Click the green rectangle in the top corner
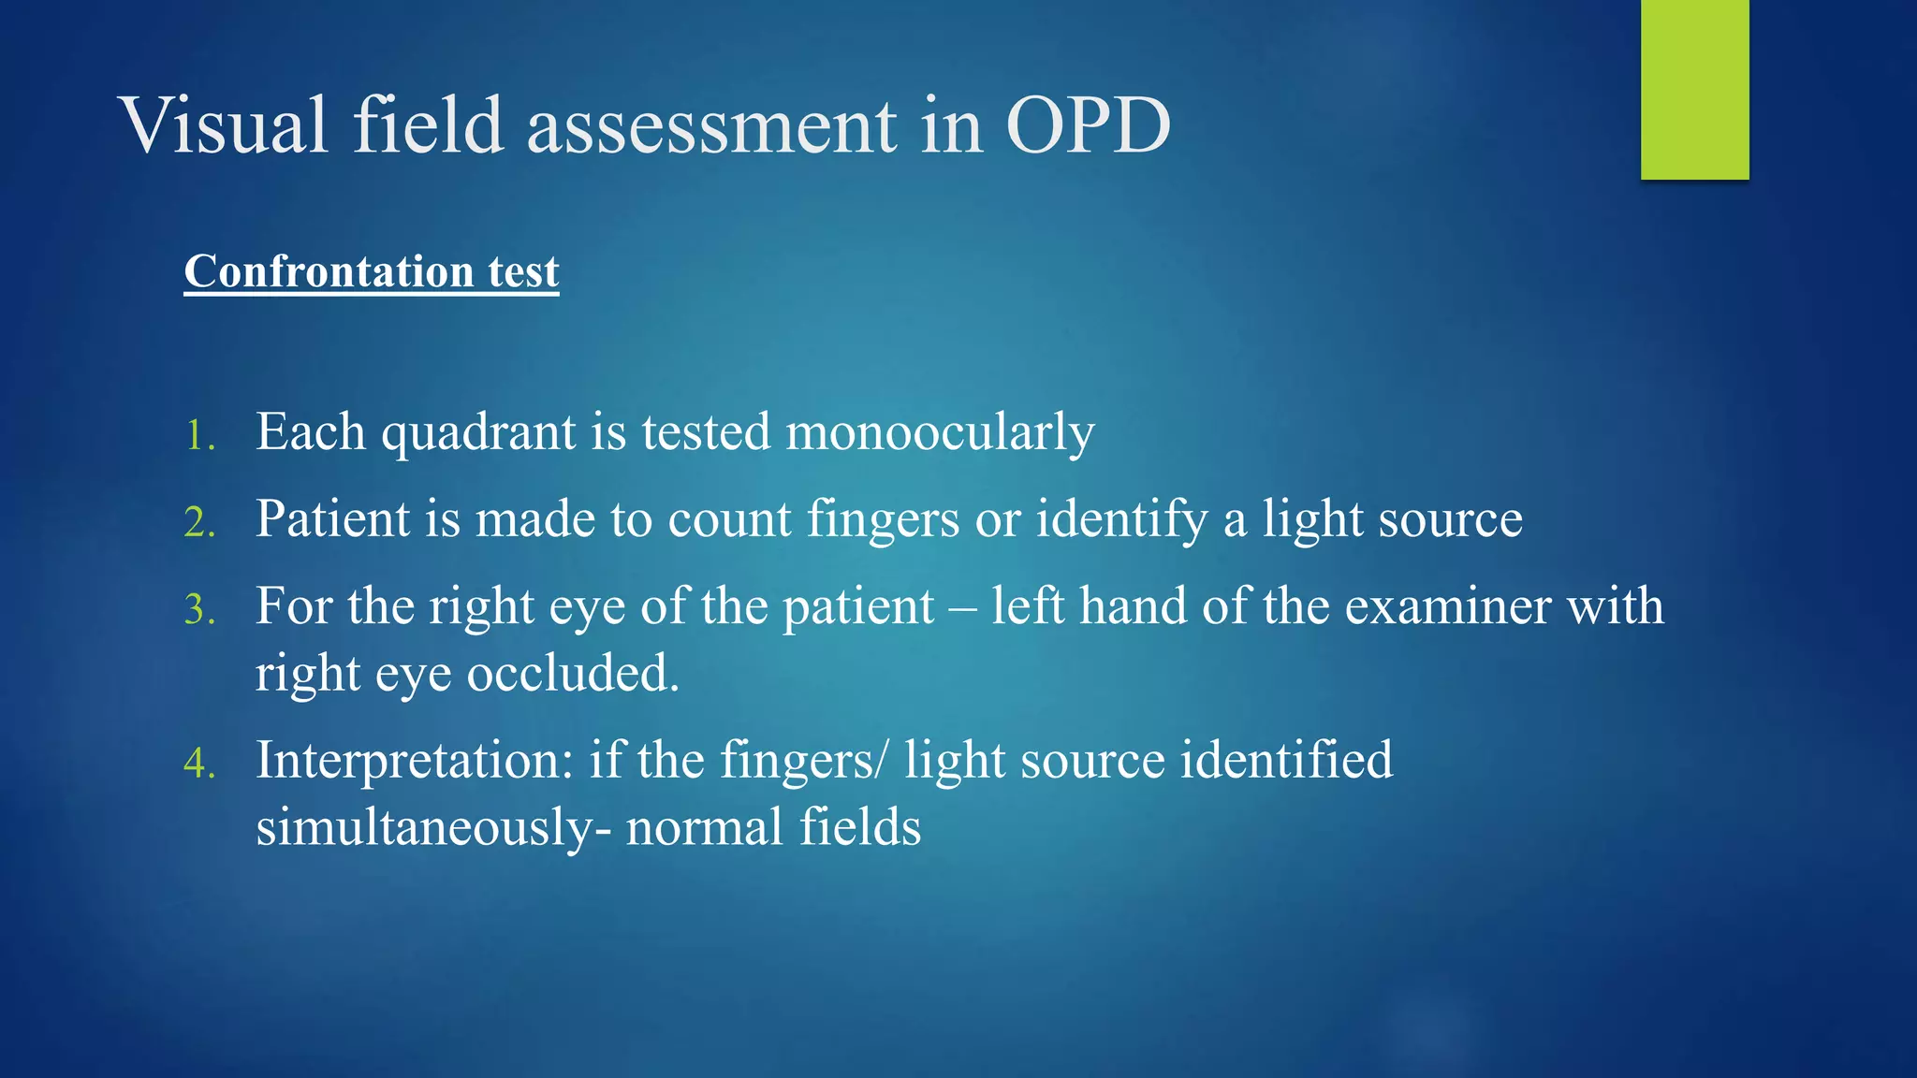click(x=1694, y=90)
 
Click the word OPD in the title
click(x=1088, y=125)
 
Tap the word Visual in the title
click(x=225, y=125)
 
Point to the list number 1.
click(x=199, y=436)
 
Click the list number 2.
click(x=199, y=523)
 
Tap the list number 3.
click(x=199, y=610)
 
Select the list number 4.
click(x=199, y=764)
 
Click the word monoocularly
click(x=940, y=433)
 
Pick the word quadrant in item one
click(x=478, y=433)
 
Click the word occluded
click(x=572, y=674)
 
